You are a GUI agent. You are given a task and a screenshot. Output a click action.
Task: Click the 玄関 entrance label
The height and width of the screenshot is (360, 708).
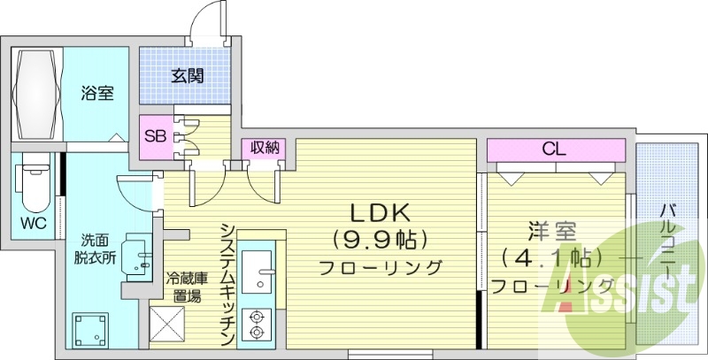point(187,76)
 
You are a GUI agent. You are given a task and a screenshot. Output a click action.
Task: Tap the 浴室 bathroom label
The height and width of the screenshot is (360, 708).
point(97,93)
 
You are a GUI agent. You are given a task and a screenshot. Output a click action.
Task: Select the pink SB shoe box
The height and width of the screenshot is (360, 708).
point(155,137)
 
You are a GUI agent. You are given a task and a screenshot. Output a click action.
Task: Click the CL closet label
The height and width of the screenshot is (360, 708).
point(555,149)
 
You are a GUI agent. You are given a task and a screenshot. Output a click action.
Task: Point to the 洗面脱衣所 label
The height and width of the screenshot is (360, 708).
point(94,249)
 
